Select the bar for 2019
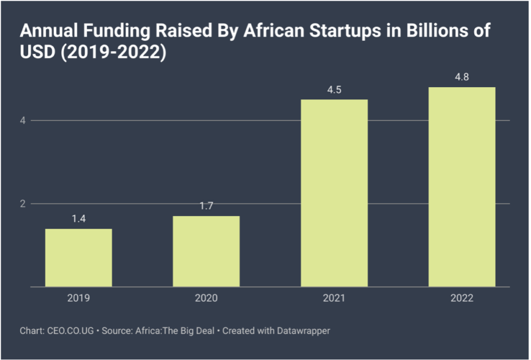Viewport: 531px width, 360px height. [x=78, y=257]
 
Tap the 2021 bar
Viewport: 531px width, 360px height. [x=334, y=193]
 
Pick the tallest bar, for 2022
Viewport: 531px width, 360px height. [x=462, y=187]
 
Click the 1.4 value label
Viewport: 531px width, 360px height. [x=78, y=219]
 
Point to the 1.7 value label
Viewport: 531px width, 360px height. [x=206, y=206]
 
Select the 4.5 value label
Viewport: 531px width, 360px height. [x=334, y=90]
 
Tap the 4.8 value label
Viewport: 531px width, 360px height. [x=462, y=77]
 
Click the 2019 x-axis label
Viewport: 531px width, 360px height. [x=78, y=298]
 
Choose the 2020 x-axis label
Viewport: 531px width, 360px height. [x=206, y=298]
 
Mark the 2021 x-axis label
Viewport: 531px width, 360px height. [x=334, y=298]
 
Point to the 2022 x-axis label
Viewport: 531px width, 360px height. [x=462, y=298]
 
